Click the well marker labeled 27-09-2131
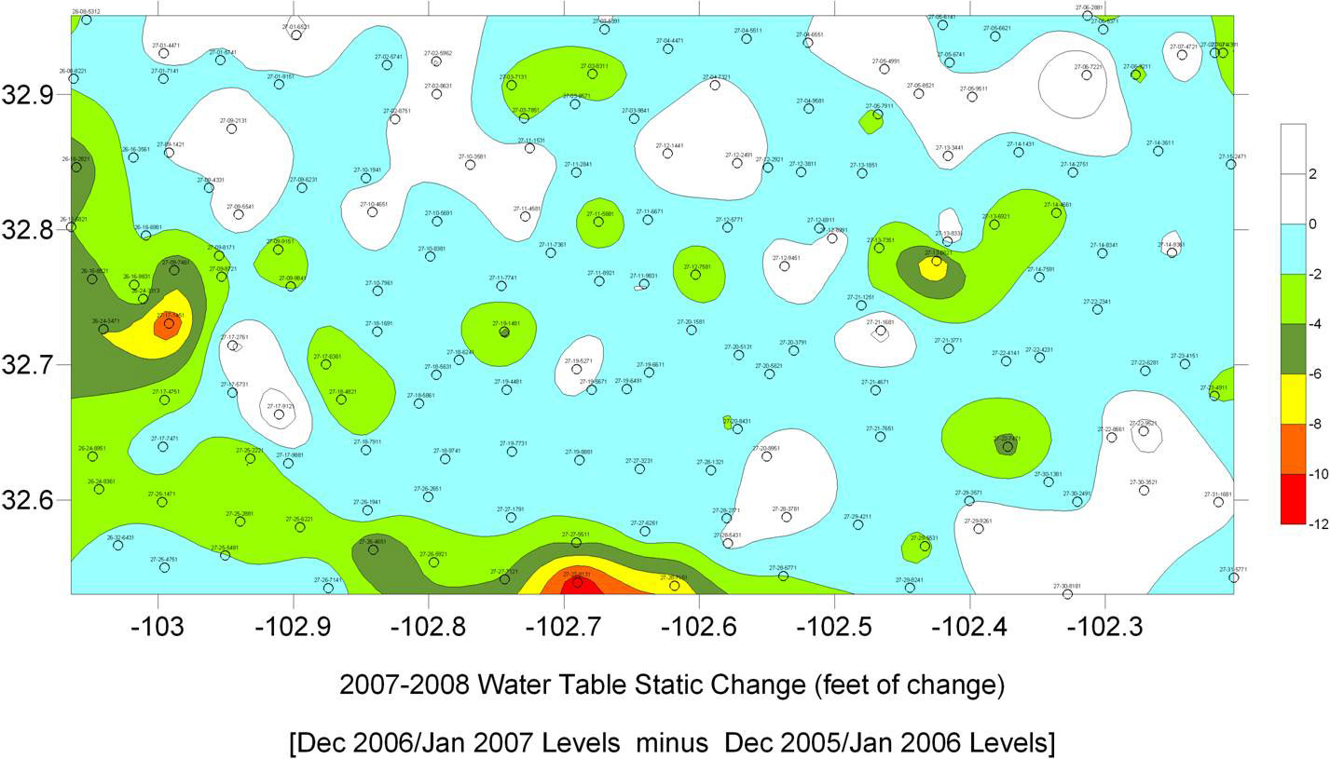coord(231,129)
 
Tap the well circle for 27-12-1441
coord(667,153)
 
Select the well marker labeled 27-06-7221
coord(1087,75)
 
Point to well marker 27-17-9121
coord(279,414)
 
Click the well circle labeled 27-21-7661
coord(880,436)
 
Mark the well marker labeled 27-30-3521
coord(1144,490)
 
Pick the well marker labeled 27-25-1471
coord(161,502)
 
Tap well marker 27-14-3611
coord(1159,151)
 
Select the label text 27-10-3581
coord(472,156)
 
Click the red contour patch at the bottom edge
coord(576,584)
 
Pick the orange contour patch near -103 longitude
coord(167,325)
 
